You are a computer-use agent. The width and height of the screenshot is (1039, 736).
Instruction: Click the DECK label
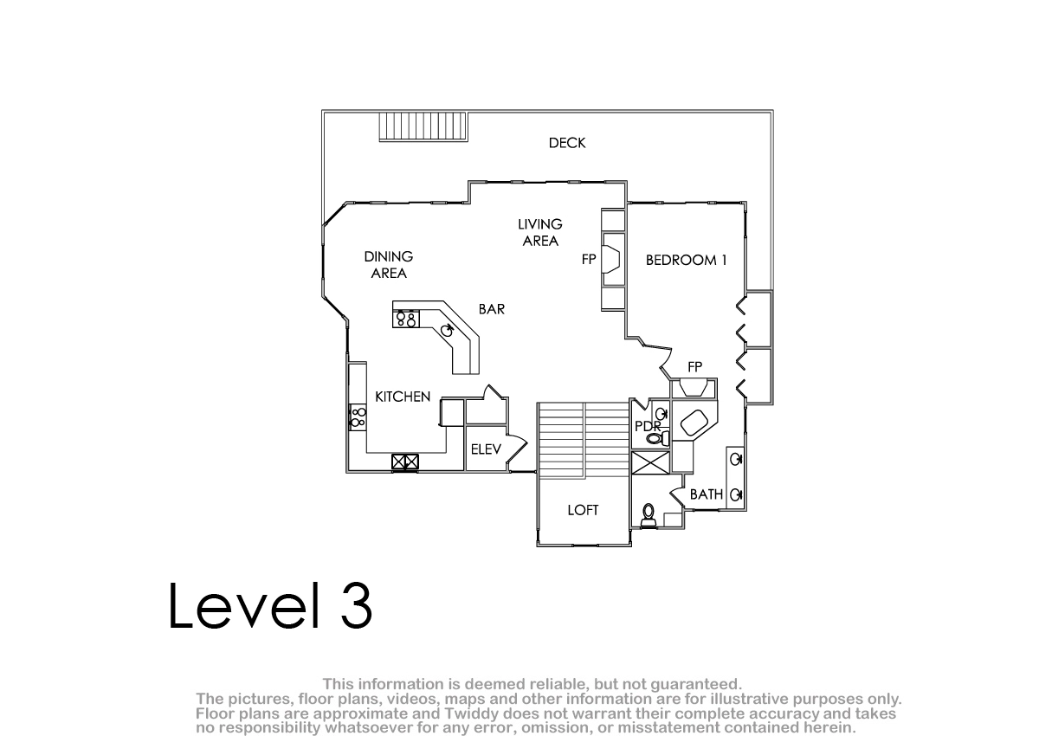coord(567,143)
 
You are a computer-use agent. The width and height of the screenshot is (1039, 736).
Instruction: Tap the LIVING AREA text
coord(540,233)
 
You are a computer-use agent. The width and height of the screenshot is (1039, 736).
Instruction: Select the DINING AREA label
coord(389,265)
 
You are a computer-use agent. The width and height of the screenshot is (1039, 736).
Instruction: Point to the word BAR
coord(492,309)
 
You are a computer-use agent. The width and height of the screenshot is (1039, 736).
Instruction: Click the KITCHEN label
coord(403,397)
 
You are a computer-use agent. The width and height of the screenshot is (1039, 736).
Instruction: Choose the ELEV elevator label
coord(486,449)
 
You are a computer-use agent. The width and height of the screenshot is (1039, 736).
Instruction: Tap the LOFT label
coord(583,510)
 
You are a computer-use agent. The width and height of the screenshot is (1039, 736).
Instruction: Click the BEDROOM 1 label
coord(686,260)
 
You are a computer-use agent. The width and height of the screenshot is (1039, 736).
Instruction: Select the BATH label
coord(707,494)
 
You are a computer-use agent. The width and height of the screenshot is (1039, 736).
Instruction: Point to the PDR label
coord(648,426)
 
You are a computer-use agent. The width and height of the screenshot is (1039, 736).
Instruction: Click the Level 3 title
coord(270,606)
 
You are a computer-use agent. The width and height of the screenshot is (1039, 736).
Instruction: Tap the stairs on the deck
coord(423,126)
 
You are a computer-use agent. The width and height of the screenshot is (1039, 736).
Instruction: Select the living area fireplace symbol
coord(611,259)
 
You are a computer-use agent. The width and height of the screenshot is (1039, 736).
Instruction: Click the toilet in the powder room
coord(658,437)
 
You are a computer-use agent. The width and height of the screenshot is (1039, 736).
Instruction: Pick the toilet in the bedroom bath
coord(649,516)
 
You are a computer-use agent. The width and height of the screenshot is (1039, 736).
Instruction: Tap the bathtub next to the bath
coord(694,422)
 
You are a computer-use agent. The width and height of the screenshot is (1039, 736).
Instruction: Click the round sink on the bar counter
coord(447,330)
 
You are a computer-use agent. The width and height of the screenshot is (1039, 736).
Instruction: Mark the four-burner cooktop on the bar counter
coord(406,320)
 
